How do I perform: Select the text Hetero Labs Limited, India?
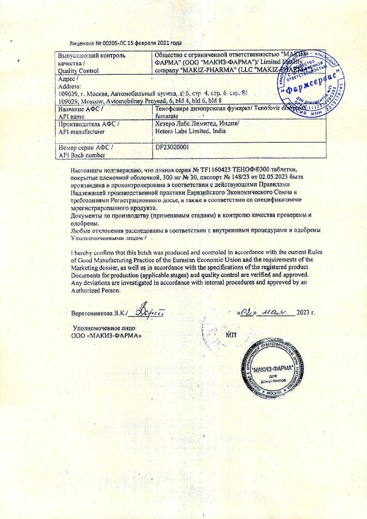pos(190,131)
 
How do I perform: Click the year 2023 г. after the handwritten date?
pos(306,313)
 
